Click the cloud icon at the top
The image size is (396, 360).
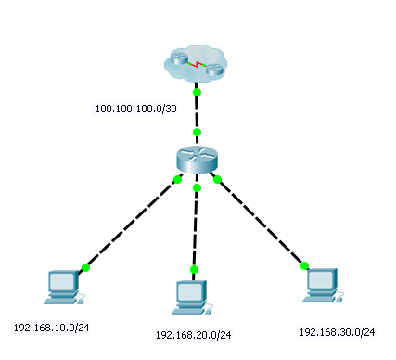pos(196,64)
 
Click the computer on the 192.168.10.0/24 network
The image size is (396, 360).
pos(63,286)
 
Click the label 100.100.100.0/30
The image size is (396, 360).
pos(136,109)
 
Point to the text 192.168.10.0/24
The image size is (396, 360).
pos(51,328)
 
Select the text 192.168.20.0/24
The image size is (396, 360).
pos(193,334)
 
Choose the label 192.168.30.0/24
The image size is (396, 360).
pos(337,331)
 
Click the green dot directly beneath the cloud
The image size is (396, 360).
pos(197,93)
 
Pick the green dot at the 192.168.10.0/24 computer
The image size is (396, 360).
pos(85,267)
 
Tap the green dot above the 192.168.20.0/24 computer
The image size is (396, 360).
pos(194,270)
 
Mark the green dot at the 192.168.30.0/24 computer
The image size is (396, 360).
pos(304,265)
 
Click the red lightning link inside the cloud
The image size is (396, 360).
pos(198,66)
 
